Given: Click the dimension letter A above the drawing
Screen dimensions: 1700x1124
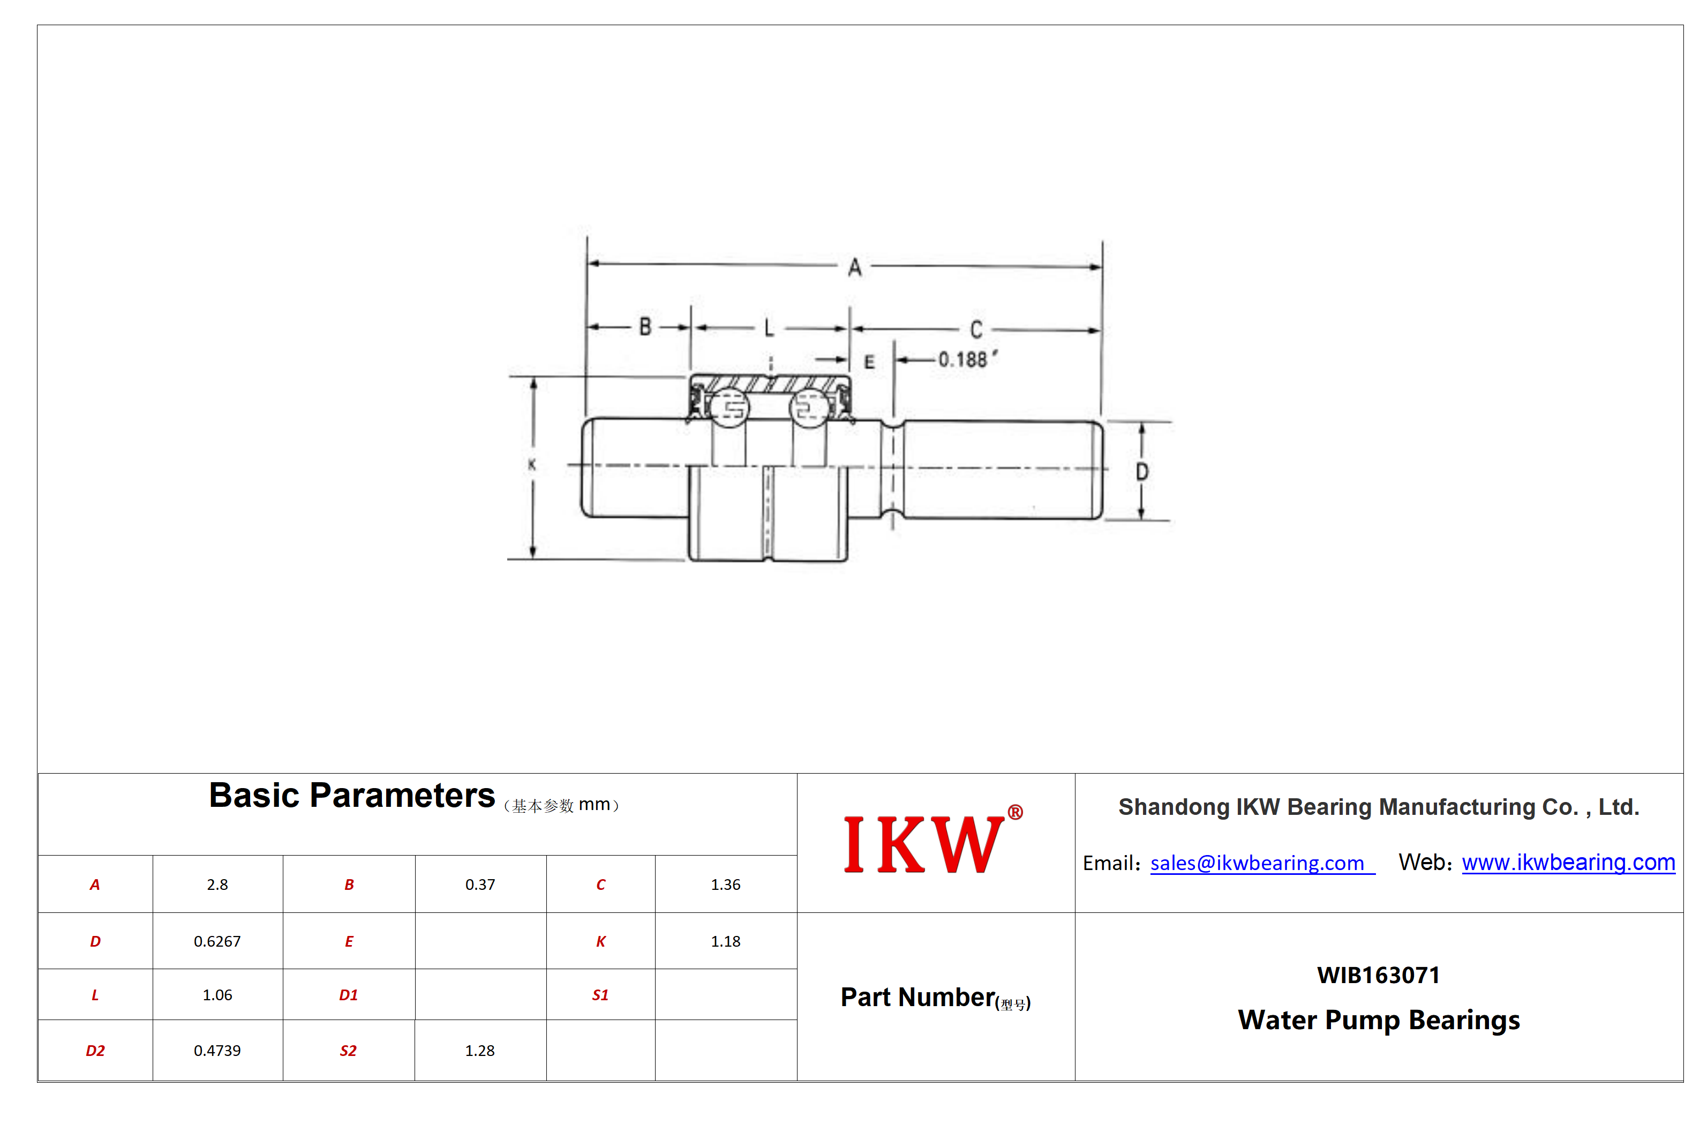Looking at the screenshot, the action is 854,268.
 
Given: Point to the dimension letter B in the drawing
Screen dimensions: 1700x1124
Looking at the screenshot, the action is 645,327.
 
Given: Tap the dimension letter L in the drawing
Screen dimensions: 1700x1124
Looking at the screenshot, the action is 769,328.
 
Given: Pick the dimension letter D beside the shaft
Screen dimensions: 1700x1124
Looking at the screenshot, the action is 1142,471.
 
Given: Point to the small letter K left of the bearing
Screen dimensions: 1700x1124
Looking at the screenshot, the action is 532,464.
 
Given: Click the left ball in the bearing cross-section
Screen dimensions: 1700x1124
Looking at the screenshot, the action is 729,408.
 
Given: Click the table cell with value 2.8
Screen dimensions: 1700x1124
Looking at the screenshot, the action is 217,885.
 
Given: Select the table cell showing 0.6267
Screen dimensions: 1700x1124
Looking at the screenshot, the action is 217,941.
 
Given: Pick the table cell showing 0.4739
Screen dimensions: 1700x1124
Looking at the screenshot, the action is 217,1050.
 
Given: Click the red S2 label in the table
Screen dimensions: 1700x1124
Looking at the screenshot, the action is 348,1051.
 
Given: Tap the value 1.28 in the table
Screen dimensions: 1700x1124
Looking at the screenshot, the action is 479,1050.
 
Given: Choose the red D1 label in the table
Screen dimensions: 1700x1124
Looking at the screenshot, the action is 348,995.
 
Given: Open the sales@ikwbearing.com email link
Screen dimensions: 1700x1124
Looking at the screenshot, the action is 1257,863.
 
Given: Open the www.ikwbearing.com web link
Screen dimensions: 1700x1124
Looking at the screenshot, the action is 1568,863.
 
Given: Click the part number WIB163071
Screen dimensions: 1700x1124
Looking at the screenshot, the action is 1378,975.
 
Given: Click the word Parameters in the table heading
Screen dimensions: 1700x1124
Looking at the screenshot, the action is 402,795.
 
